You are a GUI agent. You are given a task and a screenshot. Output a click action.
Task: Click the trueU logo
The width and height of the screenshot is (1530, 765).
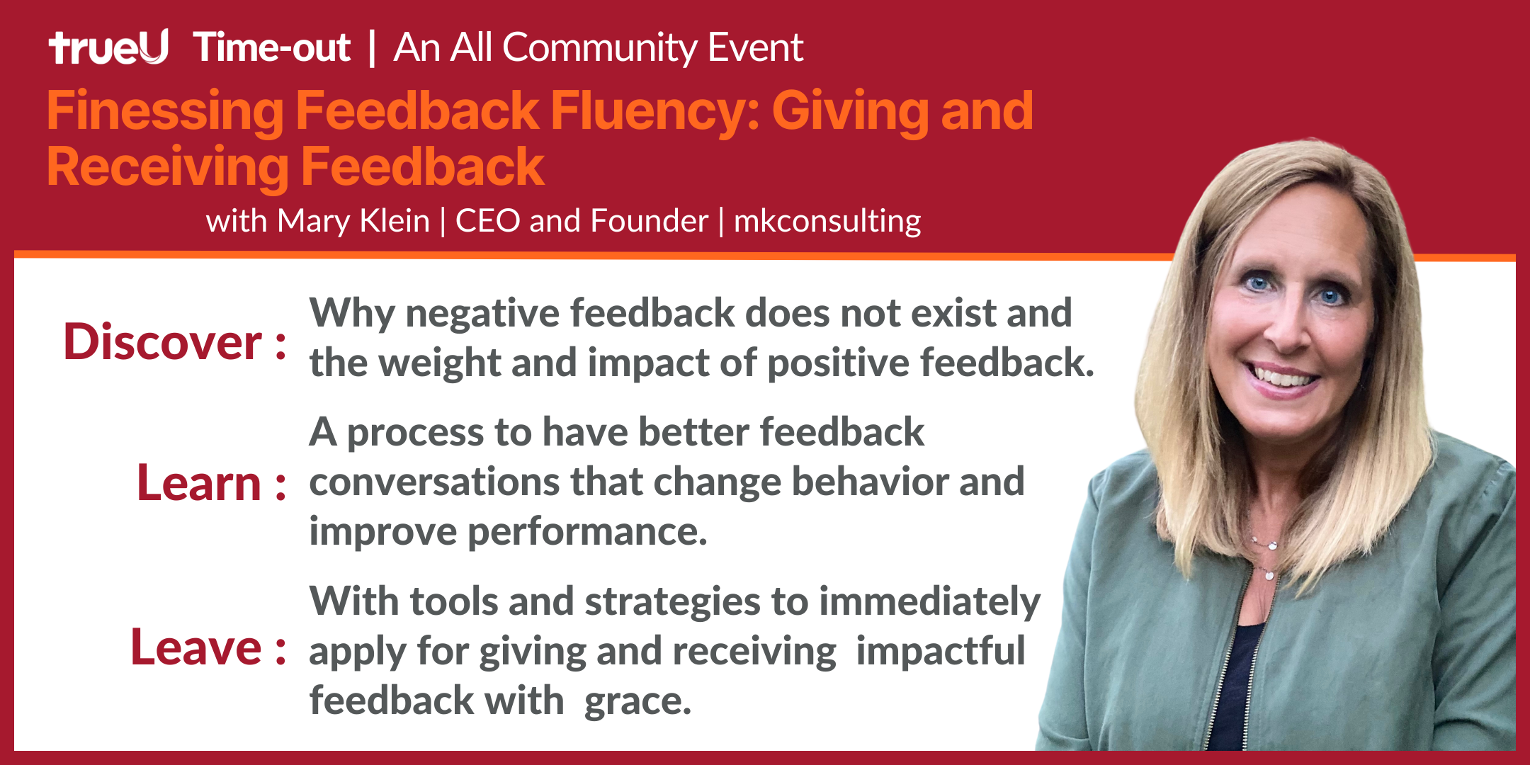point(108,47)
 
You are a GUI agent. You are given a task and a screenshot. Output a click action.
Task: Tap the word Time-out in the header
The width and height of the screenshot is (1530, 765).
point(272,47)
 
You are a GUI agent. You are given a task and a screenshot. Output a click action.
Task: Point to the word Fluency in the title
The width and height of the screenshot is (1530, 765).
point(655,113)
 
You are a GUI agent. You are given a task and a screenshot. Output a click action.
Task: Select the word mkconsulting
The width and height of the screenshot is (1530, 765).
point(827,222)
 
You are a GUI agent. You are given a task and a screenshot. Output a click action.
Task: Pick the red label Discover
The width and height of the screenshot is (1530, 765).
point(163,342)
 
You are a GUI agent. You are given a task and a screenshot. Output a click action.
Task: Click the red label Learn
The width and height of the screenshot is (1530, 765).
point(199,484)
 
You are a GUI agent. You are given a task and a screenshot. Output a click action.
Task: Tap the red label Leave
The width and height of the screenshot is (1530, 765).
point(196,647)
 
